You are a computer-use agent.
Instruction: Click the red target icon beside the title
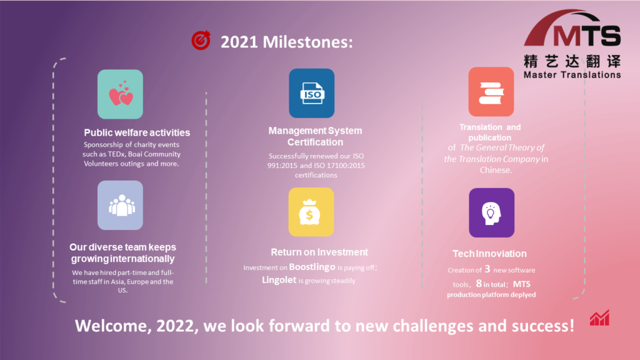pyautogui.click(x=201, y=41)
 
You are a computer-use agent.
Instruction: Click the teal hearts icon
pyautogui.click(x=120, y=94)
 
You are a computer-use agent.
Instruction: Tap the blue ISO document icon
pyautogui.click(x=311, y=93)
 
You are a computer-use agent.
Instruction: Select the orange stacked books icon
pyautogui.click(x=491, y=92)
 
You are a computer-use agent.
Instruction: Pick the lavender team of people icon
pyautogui.click(x=120, y=205)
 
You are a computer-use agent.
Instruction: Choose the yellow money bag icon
pyautogui.click(x=311, y=212)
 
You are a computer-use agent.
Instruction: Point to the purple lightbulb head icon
pyautogui.click(x=491, y=212)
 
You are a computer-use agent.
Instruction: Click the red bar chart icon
pyautogui.click(x=599, y=317)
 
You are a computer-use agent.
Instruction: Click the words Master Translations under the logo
pyautogui.click(x=572, y=75)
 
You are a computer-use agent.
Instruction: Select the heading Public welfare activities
pyautogui.click(x=137, y=132)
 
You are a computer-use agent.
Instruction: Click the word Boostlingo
pyautogui.click(x=312, y=267)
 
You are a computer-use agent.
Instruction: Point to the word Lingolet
pyautogui.click(x=279, y=280)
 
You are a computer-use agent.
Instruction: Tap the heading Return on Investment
pyautogui.click(x=319, y=252)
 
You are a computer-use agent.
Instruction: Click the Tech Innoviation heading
pyautogui.click(x=489, y=254)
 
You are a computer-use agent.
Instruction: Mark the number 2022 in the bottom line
pyautogui.click(x=175, y=326)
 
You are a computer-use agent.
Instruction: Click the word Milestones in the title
pyautogui.click(x=307, y=42)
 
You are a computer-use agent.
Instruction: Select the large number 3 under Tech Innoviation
pyautogui.click(x=487, y=269)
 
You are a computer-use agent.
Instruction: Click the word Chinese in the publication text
pyautogui.click(x=496, y=170)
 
